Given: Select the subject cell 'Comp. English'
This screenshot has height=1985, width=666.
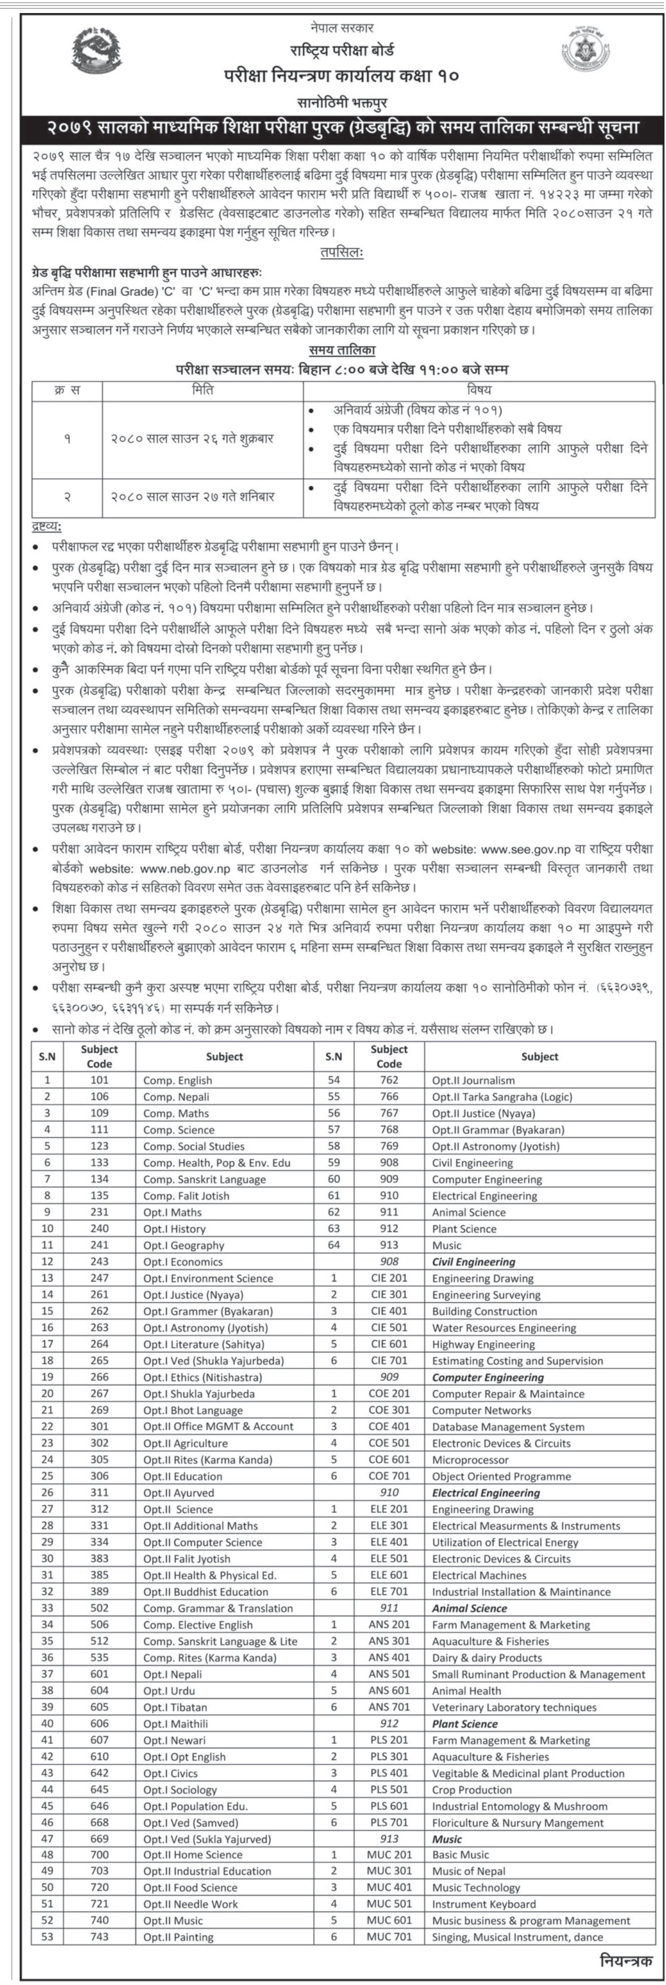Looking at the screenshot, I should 177,1080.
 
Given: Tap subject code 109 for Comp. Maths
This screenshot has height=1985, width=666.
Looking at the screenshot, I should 99,1113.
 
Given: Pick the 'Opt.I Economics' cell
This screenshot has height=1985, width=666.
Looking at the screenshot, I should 183,1262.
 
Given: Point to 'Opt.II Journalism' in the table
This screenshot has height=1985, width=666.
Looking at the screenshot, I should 473,1080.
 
